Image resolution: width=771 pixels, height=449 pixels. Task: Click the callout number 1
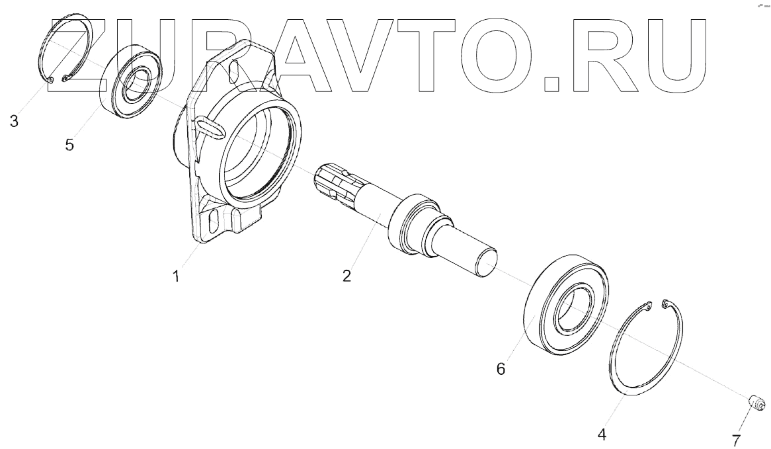[176, 277]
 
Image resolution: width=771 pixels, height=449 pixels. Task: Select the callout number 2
[346, 276]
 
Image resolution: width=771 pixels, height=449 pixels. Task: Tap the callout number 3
[14, 121]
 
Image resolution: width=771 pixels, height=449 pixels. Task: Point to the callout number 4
[601, 434]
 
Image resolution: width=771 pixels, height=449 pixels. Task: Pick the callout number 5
[69, 145]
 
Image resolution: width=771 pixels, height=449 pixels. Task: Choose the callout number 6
[501, 369]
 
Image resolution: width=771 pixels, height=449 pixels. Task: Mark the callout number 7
[736, 440]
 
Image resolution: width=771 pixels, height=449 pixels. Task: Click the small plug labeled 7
[756, 401]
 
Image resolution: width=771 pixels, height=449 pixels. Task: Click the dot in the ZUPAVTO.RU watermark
[551, 83]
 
